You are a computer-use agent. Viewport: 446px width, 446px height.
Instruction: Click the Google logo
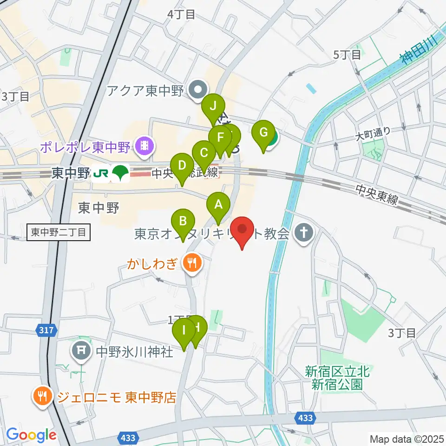pos(31,435)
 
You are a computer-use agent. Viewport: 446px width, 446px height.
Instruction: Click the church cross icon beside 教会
pos(304,233)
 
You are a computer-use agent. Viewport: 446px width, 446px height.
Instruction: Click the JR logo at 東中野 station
pos(101,173)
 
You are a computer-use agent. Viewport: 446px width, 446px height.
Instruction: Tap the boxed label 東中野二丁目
pos(59,232)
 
